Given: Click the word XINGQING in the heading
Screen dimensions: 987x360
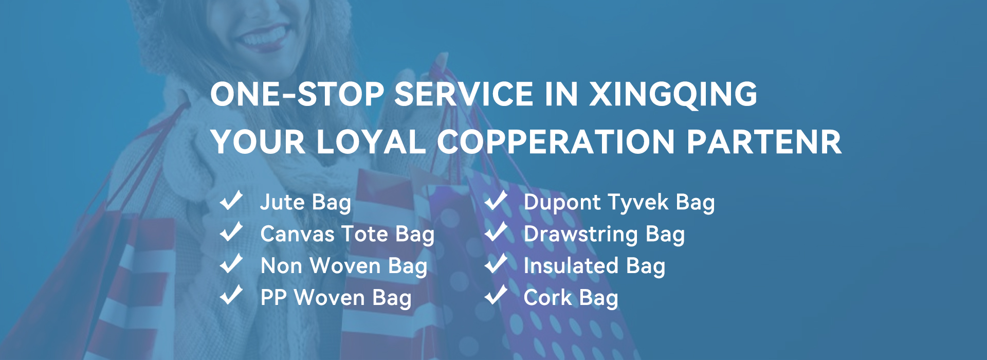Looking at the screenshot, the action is (x=673, y=94).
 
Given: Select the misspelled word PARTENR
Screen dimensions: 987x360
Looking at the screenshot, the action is (x=764, y=141).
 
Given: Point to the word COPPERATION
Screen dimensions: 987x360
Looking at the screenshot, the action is (x=555, y=141).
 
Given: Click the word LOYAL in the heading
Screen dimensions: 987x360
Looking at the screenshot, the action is (x=371, y=141).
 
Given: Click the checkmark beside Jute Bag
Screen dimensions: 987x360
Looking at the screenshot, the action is (x=231, y=200).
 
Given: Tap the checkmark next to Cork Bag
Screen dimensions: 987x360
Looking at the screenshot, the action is (x=496, y=296).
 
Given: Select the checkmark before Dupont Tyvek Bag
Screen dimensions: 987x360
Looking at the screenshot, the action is (x=496, y=200).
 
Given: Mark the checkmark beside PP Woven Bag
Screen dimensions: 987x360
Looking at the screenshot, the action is (x=231, y=296).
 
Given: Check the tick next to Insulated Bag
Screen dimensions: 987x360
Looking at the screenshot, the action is (x=496, y=264).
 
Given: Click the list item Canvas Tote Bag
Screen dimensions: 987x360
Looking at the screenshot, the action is (x=348, y=235).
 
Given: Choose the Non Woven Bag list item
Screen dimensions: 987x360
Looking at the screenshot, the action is (x=344, y=266).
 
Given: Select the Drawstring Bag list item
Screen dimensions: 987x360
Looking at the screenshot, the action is (x=604, y=235).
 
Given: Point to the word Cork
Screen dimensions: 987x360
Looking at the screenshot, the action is (x=547, y=298).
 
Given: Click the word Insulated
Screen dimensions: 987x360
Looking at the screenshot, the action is (x=571, y=266).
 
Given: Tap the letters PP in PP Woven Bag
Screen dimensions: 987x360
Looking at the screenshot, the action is (x=273, y=298).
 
